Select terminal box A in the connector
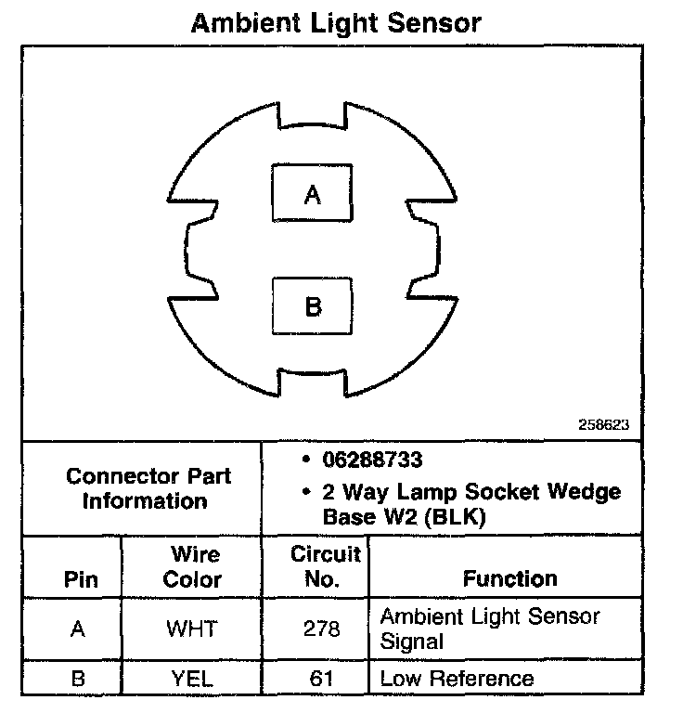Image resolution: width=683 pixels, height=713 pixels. click(x=313, y=193)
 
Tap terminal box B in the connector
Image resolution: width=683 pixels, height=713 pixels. click(x=313, y=305)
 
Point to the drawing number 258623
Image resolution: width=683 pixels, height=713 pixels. click(x=603, y=424)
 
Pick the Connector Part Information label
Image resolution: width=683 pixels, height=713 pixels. click(x=148, y=489)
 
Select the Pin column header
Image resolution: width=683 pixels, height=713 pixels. click(x=79, y=580)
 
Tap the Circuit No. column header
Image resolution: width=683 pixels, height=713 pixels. click(x=325, y=568)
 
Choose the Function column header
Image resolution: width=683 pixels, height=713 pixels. click(x=509, y=580)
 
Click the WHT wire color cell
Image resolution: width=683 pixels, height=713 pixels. click(x=191, y=629)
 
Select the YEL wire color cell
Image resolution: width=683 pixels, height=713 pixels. click(x=191, y=678)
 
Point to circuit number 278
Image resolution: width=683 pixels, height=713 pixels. click(x=322, y=629)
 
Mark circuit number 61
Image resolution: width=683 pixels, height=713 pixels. click(x=322, y=678)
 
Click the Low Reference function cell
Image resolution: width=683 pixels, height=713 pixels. click(x=457, y=678)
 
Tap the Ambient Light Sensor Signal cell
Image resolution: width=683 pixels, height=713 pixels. click(x=490, y=628)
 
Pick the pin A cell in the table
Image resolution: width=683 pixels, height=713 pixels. click(x=78, y=629)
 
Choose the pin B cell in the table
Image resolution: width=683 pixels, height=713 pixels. click(x=78, y=678)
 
